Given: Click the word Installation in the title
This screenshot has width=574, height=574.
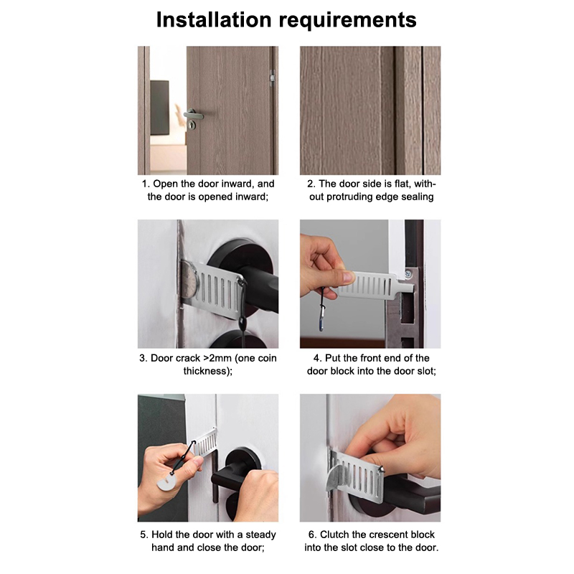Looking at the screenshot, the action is pos(214,19).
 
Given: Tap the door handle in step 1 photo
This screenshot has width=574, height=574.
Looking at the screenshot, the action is pos(193,115).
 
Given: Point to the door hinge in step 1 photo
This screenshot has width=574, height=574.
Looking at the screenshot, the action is pos(272,78).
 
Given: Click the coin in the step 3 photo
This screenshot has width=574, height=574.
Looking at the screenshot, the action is pos(189,280).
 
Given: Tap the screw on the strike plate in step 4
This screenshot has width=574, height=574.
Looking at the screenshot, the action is pos(408,273).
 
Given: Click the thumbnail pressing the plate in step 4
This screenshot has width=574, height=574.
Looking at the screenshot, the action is pos(348,277).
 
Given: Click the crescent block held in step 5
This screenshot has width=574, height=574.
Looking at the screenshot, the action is pos(166,482).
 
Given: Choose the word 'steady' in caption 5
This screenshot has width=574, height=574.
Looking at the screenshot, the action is pos(260,535).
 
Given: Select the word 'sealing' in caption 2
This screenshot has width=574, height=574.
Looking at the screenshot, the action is pos(418,197).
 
